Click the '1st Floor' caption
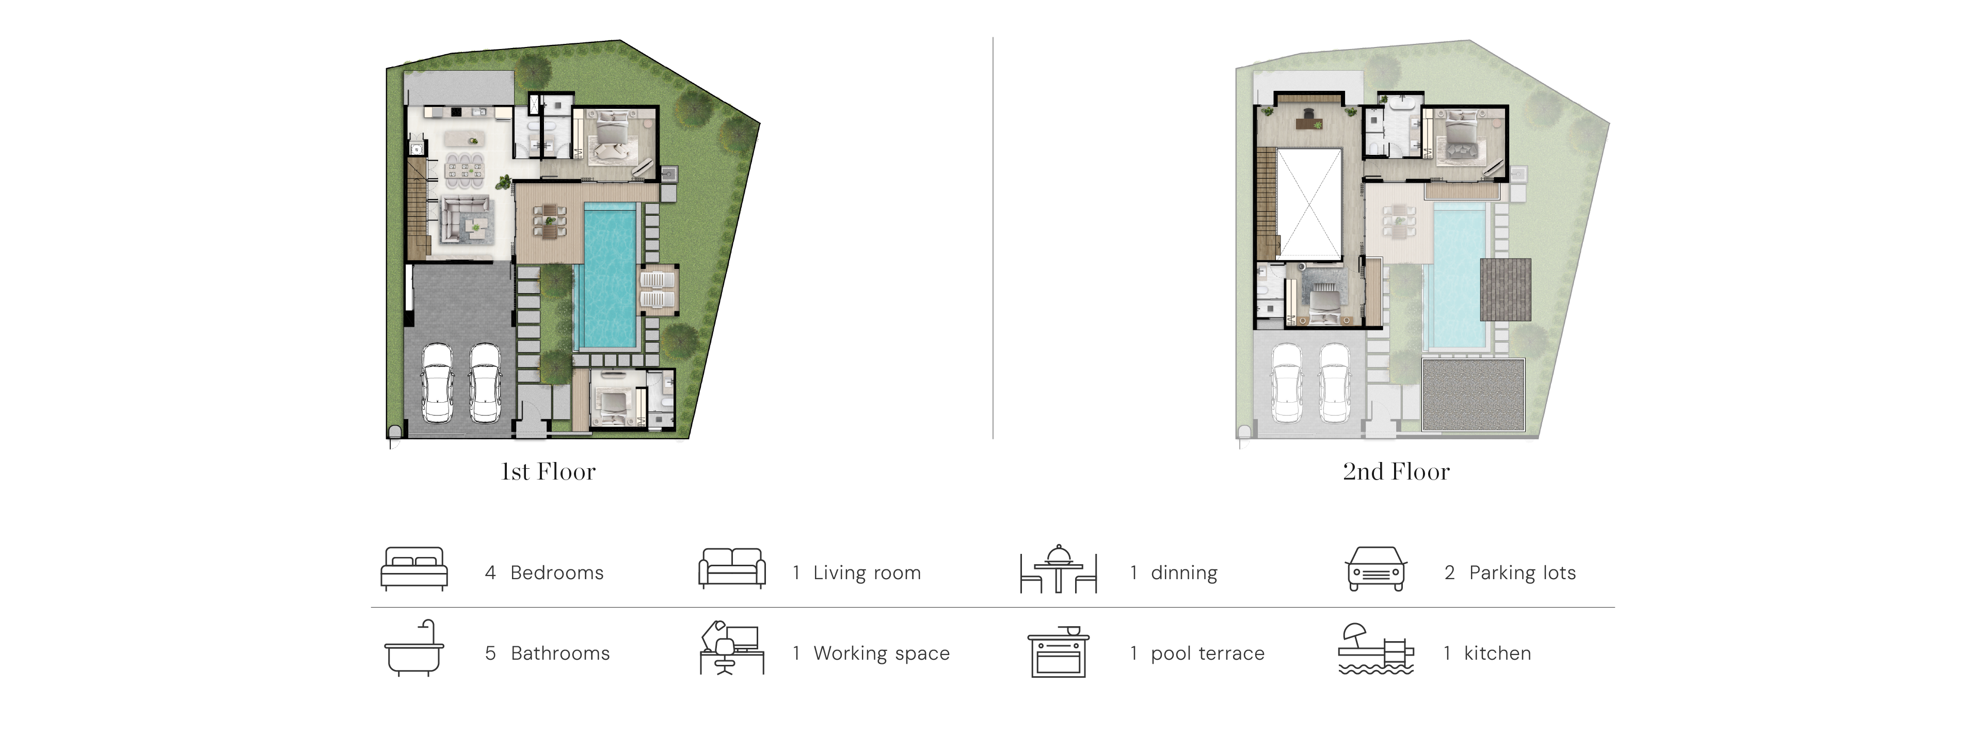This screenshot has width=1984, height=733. [x=548, y=471]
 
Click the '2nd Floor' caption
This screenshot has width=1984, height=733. [x=1396, y=471]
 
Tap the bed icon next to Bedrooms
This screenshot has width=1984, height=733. [x=414, y=569]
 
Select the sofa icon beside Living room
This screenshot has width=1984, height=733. [x=732, y=568]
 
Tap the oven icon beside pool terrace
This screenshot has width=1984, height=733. [x=1058, y=651]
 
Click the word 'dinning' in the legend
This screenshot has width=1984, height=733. [x=1184, y=573]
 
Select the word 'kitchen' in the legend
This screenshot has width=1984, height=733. [x=1497, y=653]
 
